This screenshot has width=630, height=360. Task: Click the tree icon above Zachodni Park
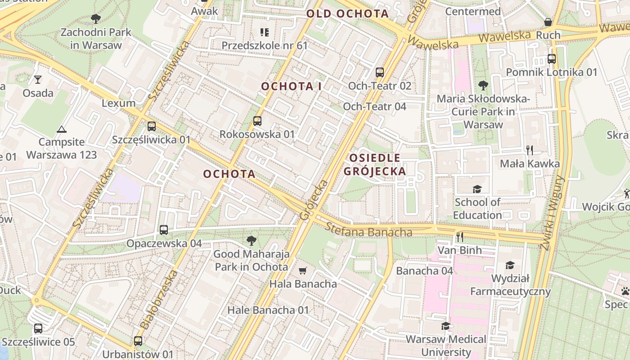point(95,18)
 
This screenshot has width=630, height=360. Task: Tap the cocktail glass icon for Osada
point(38,80)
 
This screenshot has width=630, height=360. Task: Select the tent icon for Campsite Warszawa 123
point(61,129)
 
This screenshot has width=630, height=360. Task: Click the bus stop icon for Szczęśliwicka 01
point(151,126)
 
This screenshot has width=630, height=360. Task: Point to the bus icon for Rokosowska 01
point(257,121)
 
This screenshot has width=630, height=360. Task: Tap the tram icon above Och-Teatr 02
point(380,72)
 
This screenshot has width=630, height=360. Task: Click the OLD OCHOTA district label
point(347,13)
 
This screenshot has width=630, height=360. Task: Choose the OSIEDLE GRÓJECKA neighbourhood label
point(374,164)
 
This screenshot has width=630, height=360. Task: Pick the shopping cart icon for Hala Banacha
point(303,270)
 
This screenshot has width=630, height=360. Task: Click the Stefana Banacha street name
point(369,230)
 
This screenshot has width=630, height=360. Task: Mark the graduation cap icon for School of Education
point(477,189)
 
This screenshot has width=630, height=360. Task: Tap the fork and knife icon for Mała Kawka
point(530,150)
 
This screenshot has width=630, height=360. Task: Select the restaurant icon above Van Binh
point(459,237)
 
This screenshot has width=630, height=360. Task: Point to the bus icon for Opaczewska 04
point(164,230)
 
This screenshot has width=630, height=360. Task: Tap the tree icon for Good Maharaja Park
point(251,241)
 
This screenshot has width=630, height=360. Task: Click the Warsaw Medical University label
point(446,345)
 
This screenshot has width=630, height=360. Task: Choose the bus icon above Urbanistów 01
point(138,341)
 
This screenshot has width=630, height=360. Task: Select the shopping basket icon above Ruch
point(548,22)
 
